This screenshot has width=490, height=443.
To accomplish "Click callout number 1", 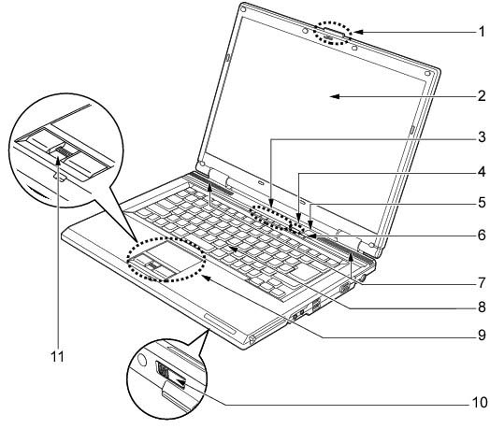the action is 482,32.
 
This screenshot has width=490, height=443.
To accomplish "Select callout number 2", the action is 482,96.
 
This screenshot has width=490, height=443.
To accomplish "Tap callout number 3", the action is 482,137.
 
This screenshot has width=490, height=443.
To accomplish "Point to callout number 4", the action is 482,172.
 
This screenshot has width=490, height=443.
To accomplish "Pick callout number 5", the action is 482,203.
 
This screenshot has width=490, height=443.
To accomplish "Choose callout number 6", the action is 482,235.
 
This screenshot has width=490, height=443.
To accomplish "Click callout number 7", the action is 482,283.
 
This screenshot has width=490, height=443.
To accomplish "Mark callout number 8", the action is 482,307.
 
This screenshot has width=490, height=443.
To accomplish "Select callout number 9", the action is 482,336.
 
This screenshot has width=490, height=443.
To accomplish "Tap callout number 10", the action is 480,403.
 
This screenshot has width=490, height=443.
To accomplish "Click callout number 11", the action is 57,356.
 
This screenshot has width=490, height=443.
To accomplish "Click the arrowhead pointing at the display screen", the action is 335,96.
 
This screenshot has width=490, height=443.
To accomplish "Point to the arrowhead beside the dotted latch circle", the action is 357,32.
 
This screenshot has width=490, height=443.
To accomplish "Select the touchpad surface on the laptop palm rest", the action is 172,254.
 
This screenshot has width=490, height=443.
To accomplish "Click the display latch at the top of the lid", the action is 333,34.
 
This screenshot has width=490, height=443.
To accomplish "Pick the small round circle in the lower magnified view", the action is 141,359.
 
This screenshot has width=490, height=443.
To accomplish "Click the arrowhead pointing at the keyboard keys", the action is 232,249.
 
